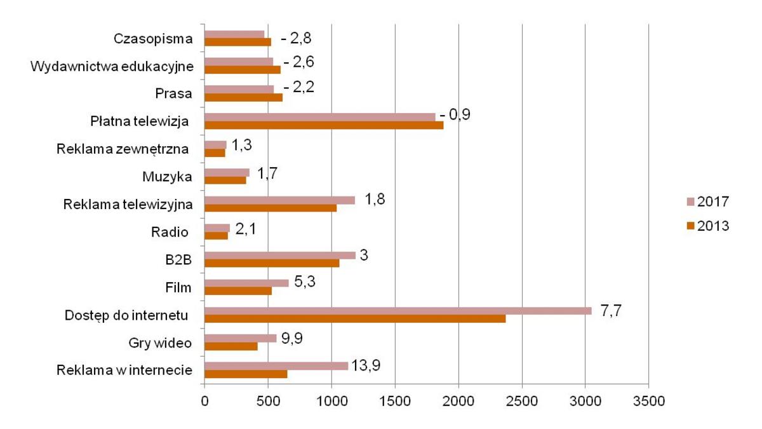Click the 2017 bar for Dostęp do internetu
[x=398, y=310]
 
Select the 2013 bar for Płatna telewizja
[x=324, y=125]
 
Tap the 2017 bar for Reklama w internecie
[x=276, y=365]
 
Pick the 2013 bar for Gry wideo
[x=231, y=346]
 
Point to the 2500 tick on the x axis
[x=521, y=402]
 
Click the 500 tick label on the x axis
[x=268, y=402]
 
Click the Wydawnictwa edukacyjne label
[x=112, y=66]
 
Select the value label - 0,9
[x=455, y=115]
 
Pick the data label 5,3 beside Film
[x=307, y=282]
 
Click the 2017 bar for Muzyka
[x=227, y=172]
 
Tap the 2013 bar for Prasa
[x=243, y=97]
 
